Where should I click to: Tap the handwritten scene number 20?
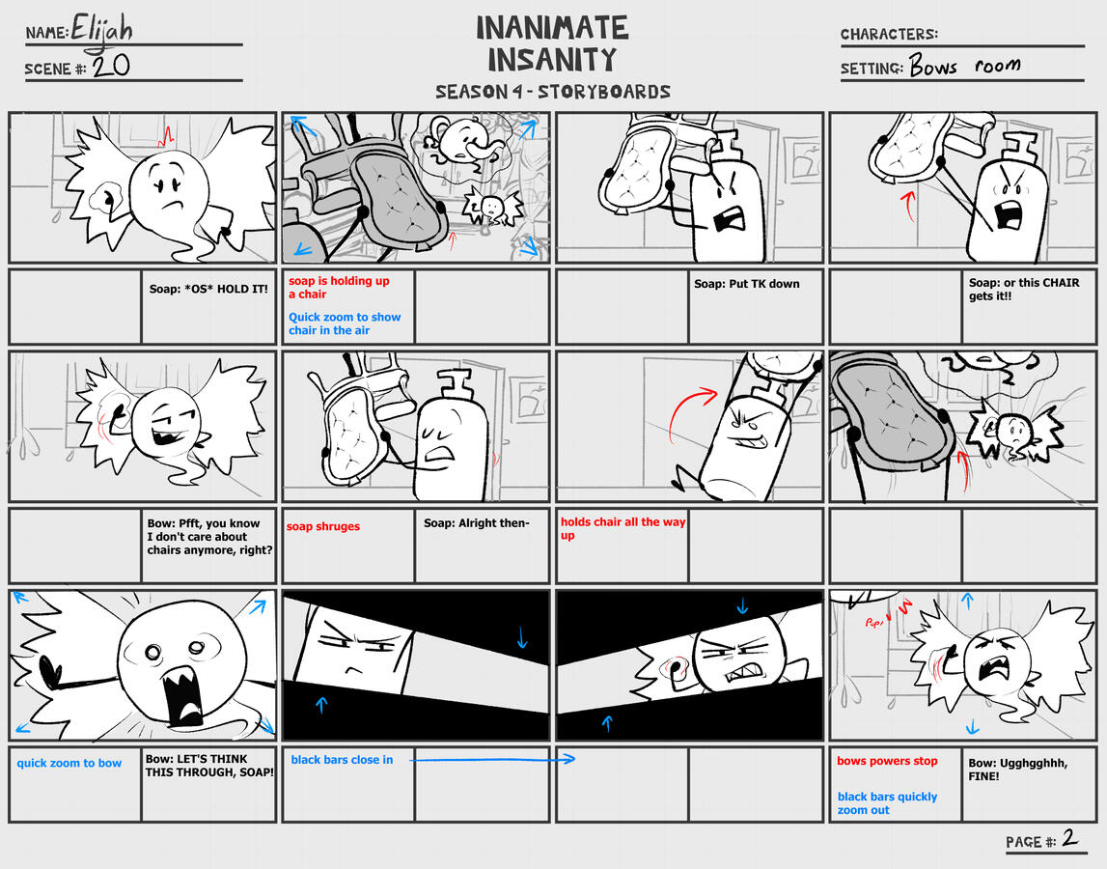point(111,67)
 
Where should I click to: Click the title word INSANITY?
point(551,60)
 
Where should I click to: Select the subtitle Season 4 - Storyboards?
point(552,92)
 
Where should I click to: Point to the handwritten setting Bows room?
point(964,67)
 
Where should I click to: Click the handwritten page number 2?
point(1069,838)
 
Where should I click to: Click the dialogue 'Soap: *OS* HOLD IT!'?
point(208,289)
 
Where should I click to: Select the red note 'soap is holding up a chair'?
point(325,287)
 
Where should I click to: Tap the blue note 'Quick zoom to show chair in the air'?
point(345,323)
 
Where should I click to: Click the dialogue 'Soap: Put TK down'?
point(746,284)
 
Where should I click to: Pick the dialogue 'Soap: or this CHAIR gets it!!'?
point(1016,290)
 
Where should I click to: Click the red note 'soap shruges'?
point(322,526)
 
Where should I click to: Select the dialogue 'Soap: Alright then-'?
point(476,523)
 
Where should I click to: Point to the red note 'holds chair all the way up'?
point(623,528)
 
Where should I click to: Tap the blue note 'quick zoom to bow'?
point(69,763)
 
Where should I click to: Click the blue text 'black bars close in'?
point(342,760)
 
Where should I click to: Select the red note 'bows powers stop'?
point(887,761)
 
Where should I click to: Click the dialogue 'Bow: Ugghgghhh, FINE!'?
point(1017,769)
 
